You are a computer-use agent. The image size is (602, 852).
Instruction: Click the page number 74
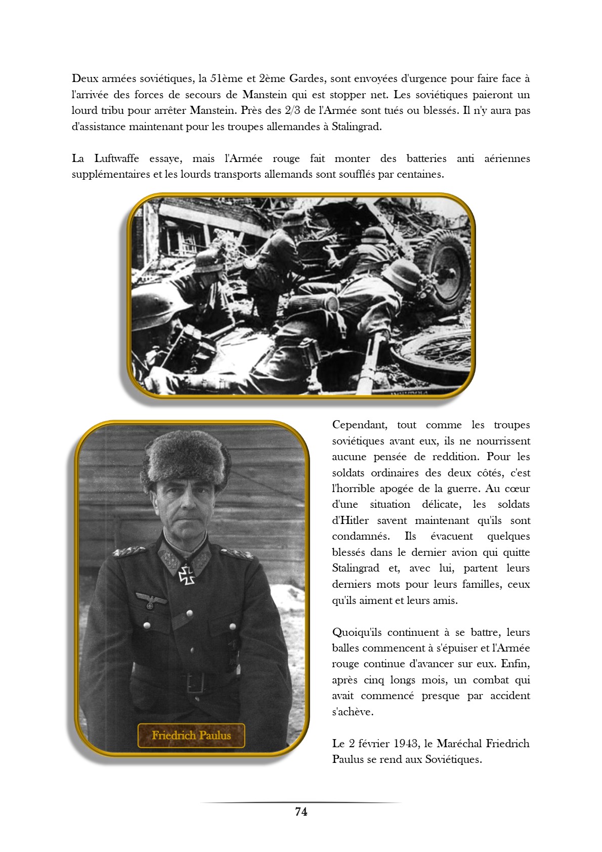(x=301, y=812)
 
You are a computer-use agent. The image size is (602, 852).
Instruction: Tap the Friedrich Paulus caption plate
(x=191, y=736)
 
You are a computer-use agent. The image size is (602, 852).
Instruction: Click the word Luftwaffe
(x=116, y=158)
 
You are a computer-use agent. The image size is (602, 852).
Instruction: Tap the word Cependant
(x=360, y=425)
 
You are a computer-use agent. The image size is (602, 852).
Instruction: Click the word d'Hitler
(x=350, y=520)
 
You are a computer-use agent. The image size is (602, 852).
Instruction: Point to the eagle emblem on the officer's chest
(x=151, y=600)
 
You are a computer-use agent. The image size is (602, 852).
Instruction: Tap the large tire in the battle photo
(x=445, y=268)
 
